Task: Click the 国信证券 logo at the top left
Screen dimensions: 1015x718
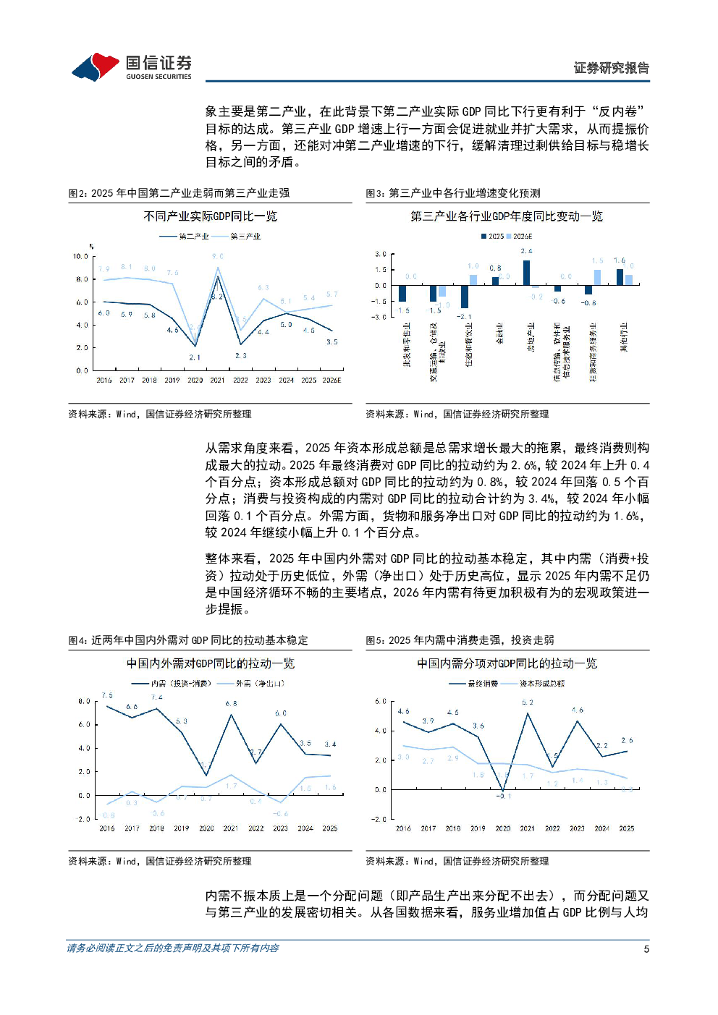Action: coord(131,67)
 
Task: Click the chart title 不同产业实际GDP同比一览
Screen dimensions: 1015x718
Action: coord(210,216)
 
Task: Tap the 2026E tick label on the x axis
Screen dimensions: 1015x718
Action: coord(331,381)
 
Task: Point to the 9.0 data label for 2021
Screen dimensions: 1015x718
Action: coord(218,257)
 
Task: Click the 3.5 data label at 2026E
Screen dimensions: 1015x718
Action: coord(331,342)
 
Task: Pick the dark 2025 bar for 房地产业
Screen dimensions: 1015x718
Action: coord(526,273)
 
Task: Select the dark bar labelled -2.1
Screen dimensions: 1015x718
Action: coord(464,297)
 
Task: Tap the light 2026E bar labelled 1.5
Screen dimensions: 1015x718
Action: coord(597,278)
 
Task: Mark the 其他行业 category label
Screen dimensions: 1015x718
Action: coord(624,337)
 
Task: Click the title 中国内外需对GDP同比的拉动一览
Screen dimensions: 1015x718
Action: coord(210,663)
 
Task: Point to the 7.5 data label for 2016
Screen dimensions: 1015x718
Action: coord(107,696)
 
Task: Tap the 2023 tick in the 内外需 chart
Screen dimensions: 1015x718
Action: coord(280,829)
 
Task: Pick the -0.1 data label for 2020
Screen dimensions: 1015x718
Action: coord(504,797)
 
